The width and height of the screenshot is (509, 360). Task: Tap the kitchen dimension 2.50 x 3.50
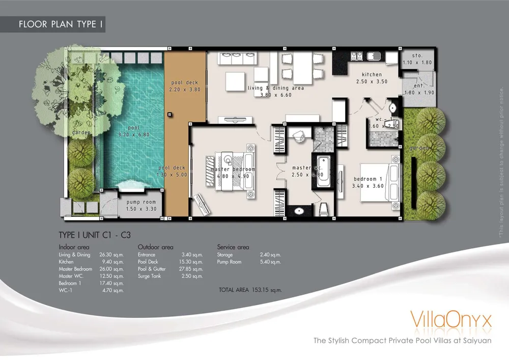click(x=372, y=81)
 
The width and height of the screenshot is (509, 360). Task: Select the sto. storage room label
click(x=417, y=56)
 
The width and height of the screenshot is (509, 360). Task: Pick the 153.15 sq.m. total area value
click(x=265, y=290)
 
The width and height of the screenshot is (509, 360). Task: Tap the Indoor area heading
click(x=74, y=247)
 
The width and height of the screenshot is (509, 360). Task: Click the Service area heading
click(x=233, y=247)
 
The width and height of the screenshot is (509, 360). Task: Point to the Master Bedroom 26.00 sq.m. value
click(x=113, y=269)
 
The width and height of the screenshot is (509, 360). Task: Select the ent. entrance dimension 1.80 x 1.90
click(x=418, y=93)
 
